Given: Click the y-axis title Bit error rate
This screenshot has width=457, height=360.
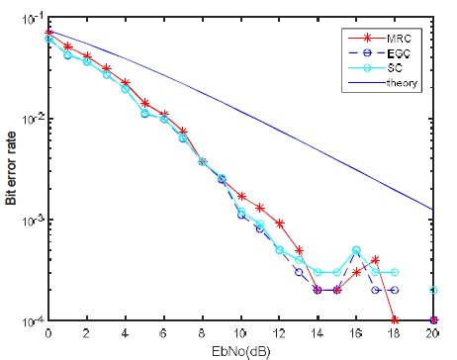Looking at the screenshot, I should (11, 173).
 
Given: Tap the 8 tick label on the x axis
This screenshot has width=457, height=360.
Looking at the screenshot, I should (203, 332).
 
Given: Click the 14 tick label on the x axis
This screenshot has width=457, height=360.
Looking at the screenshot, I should (318, 332).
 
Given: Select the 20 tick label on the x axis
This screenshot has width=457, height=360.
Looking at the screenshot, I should (433, 332).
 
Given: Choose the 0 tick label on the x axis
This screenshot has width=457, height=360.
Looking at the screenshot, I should (48, 332).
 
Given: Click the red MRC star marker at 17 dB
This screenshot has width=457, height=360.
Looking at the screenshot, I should (376, 260).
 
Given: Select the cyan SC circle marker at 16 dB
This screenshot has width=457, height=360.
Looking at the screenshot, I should (356, 250).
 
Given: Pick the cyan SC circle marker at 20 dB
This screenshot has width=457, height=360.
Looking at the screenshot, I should (433, 290).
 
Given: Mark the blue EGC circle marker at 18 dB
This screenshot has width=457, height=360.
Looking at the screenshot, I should (395, 290).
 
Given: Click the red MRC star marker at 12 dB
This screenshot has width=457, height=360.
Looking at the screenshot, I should (280, 223).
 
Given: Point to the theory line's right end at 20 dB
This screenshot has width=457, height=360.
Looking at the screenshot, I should (433, 210).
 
